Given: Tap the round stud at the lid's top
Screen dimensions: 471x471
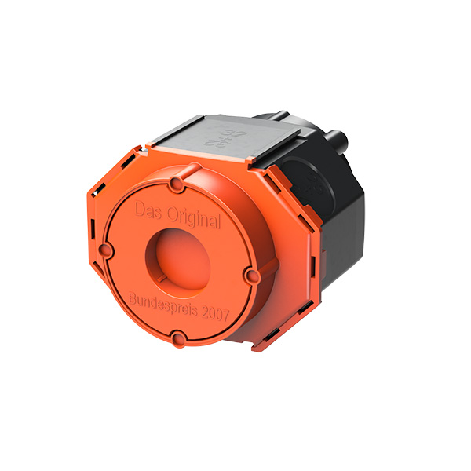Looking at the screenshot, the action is point(177,184).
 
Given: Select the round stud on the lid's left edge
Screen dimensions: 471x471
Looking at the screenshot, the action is point(106,250).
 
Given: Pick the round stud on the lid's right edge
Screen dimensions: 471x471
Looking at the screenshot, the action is point(253,276).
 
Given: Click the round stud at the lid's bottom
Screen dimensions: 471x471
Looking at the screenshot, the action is point(179,338).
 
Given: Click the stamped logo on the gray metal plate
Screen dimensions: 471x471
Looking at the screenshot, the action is point(225,138).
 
